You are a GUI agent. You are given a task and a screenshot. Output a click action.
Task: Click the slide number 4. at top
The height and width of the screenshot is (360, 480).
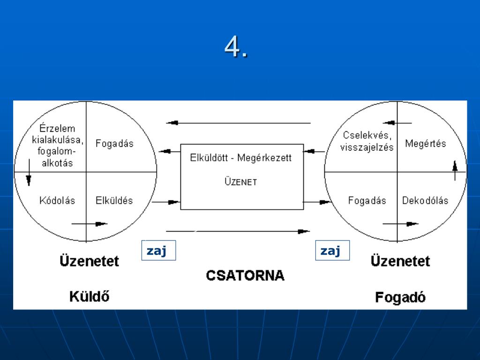[x=236, y=47]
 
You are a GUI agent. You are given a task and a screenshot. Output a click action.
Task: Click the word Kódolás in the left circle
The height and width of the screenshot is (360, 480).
[x=58, y=201]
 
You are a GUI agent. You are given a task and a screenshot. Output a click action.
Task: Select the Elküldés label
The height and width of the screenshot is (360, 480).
[x=114, y=201]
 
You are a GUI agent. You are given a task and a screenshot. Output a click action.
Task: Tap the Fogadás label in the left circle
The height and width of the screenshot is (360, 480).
[x=114, y=143]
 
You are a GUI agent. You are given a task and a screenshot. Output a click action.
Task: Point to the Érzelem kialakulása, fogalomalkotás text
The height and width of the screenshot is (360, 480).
[x=58, y=146]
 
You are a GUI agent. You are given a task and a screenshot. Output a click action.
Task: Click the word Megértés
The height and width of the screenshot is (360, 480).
[x=426, y=143]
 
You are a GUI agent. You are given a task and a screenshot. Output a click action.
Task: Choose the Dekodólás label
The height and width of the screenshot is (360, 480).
[x=425, y=201]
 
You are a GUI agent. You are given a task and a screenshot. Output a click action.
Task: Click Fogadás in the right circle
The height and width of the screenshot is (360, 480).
[x=367, y=201]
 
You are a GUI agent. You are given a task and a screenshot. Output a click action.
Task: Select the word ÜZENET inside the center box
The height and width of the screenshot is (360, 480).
[x=240, y=182]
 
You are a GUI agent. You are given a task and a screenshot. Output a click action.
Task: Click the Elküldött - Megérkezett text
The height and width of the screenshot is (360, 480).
[x=241, y=158]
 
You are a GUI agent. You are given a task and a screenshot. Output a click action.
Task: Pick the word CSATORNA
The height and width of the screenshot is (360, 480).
[x=245, y=275]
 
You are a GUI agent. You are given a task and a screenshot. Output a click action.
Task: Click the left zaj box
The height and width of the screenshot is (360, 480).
[x=158, y=251]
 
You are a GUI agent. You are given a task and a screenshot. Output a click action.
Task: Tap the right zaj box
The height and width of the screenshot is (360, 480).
[x=332, y=251]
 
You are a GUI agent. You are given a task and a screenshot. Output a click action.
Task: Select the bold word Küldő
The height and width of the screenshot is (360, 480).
[x=89, y=296]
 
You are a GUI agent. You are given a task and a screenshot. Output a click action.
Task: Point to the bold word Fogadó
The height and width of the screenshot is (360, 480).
[x=400, y=297]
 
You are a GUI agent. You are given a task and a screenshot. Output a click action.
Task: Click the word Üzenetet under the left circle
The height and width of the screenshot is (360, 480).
[x=89, y=260]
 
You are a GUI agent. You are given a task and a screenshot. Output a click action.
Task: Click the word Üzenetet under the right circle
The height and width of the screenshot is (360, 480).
[x=400, y=261]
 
